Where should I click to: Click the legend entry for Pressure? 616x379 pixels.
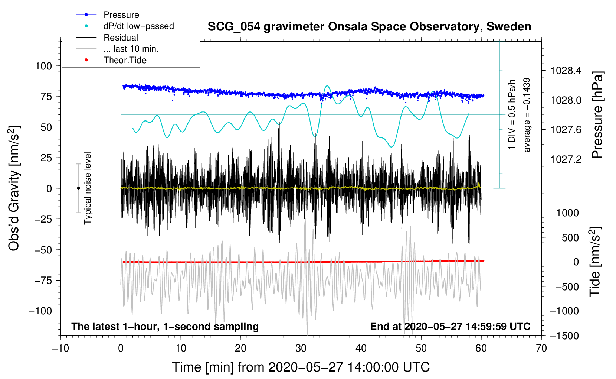[121, 15]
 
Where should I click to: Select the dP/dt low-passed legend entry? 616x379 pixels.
[138, 26]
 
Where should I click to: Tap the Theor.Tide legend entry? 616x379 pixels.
[125, 60]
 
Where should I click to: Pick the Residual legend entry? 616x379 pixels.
[121, 38]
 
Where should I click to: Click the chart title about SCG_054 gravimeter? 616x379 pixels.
[369, 27]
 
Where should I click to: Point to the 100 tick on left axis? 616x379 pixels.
[43, 66]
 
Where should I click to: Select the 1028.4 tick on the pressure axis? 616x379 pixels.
[566, 71]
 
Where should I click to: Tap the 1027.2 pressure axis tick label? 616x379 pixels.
[566, 159]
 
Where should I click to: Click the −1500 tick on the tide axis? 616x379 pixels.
[566, 336]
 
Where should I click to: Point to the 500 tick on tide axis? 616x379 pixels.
[570, 238]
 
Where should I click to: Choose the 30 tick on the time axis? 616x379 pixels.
[301, 348]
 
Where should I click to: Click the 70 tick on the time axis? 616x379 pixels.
[541, 348]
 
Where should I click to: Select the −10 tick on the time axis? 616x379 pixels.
[60, 348]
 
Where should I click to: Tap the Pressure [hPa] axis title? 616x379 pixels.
[597, 115]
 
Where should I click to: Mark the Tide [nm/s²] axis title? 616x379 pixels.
[595, 262]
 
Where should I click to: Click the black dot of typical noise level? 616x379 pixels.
[78, 188]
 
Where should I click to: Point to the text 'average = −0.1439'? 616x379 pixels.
[527, 115]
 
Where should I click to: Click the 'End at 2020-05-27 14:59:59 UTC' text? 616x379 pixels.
[450, 327]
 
